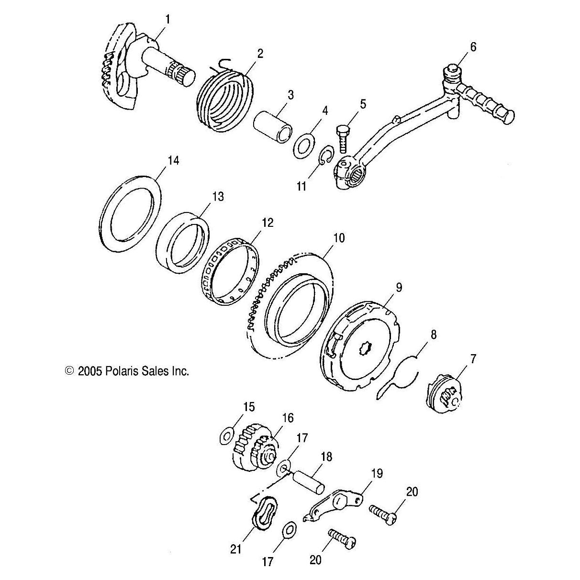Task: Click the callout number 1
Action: [x=167, y=19]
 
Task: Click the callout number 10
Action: [x=339, y=238]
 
